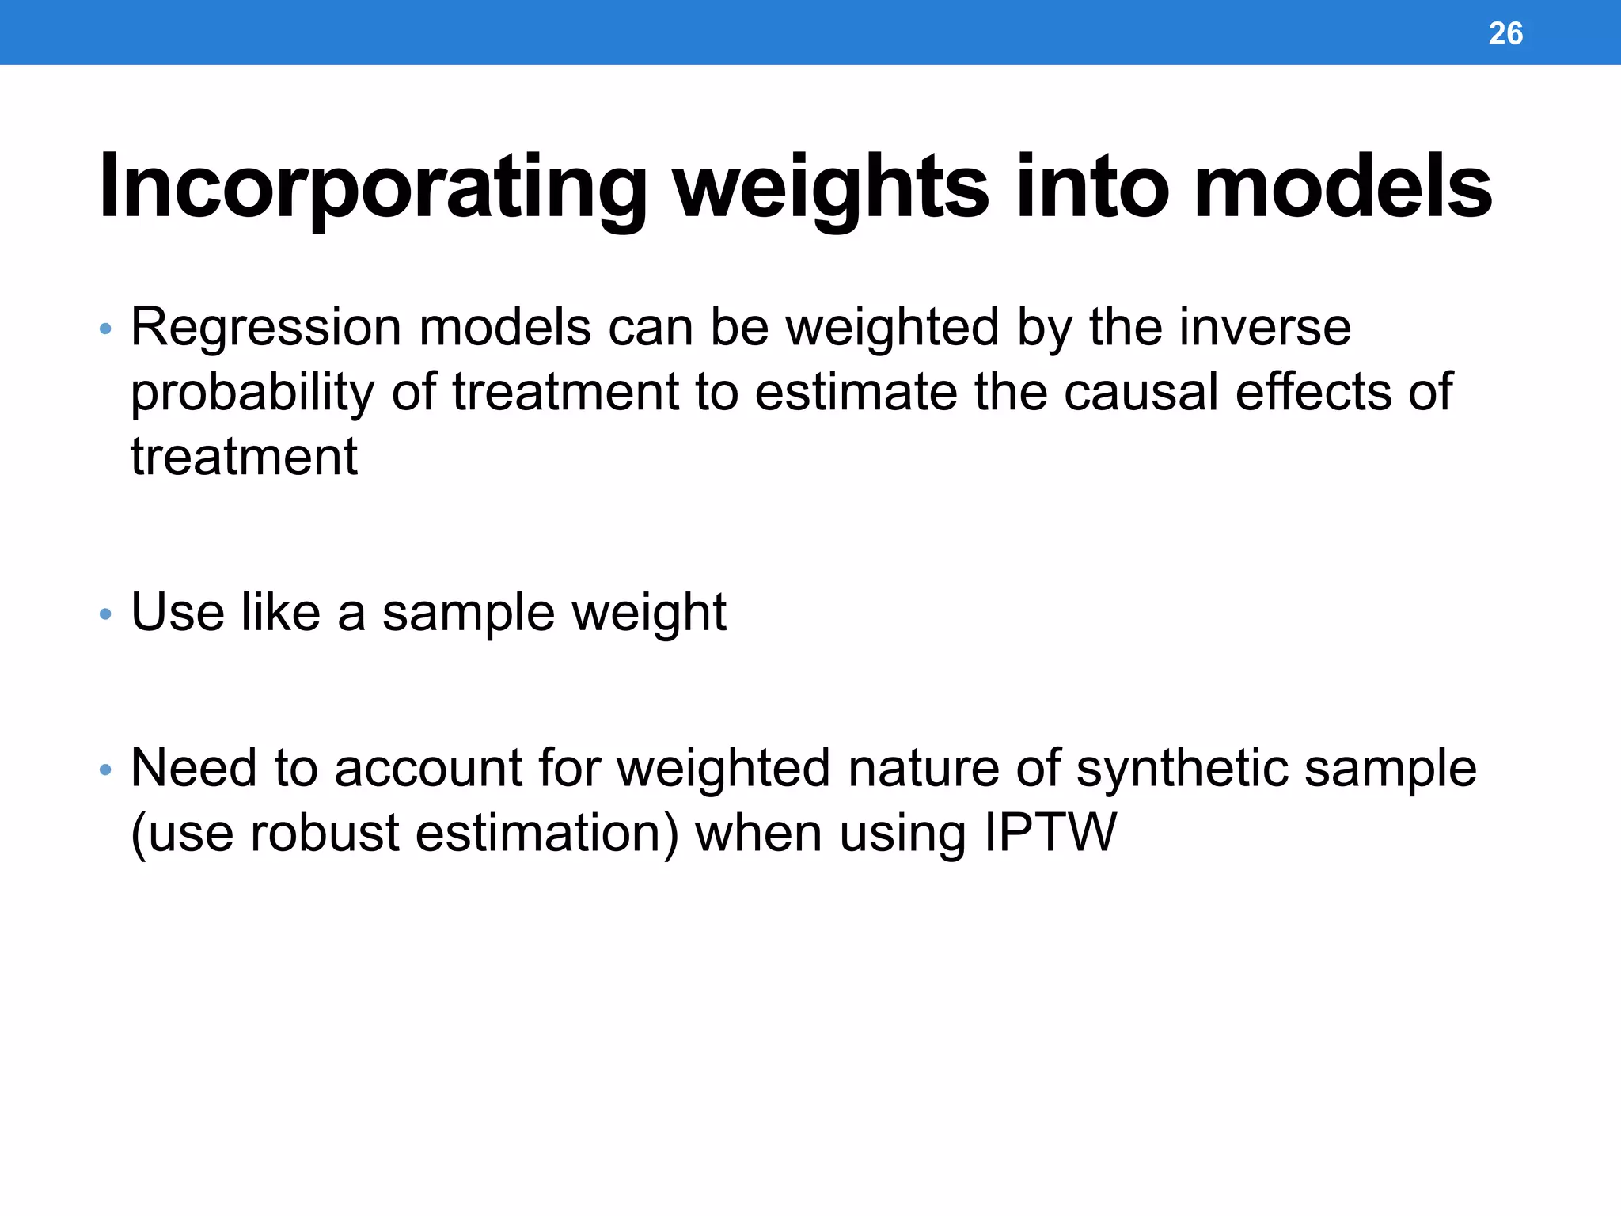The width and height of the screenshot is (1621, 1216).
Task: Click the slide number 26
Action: coord(1505,33)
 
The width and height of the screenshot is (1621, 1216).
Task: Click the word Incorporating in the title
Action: coord(373,188)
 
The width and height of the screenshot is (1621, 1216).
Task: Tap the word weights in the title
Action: coord(830,188)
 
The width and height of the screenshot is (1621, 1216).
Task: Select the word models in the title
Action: coord(1342,188)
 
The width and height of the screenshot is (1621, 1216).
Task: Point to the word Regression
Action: coord(266,328)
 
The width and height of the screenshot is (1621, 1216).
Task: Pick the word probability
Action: coord(252,393)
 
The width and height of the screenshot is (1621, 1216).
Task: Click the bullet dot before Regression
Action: coord(106,329)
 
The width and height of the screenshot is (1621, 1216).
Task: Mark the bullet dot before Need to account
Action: coord(106,769)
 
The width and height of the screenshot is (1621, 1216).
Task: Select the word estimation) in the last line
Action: coord(547,834)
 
